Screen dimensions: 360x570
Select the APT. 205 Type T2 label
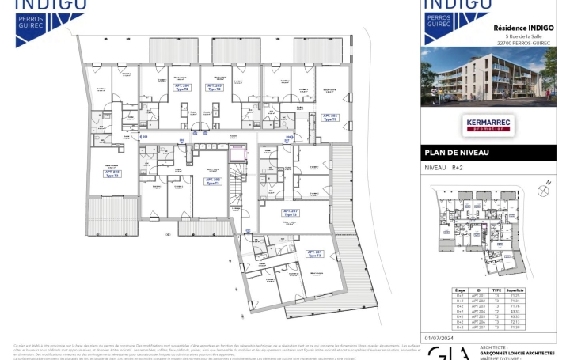214,88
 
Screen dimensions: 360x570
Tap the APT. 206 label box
329,117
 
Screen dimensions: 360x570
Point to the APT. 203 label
112,173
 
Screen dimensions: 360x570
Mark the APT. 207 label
290,213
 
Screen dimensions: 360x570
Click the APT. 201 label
314,254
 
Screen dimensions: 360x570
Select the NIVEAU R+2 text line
444,168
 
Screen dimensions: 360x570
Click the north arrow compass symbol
543,189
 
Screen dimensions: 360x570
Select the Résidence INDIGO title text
523,28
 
